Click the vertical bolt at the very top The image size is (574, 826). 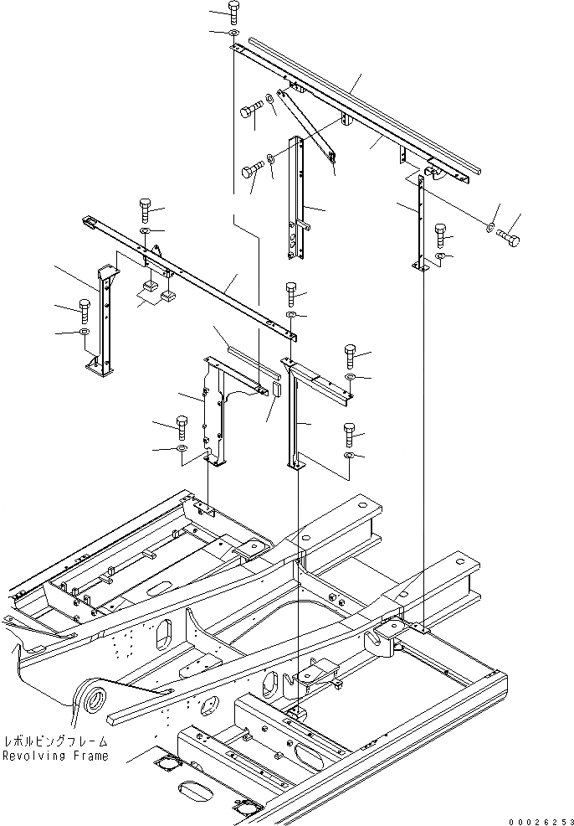click(x=233, y=11)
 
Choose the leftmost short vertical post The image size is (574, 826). click(x=104, y=323)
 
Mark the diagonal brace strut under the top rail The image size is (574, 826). click(x=311, y=126)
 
